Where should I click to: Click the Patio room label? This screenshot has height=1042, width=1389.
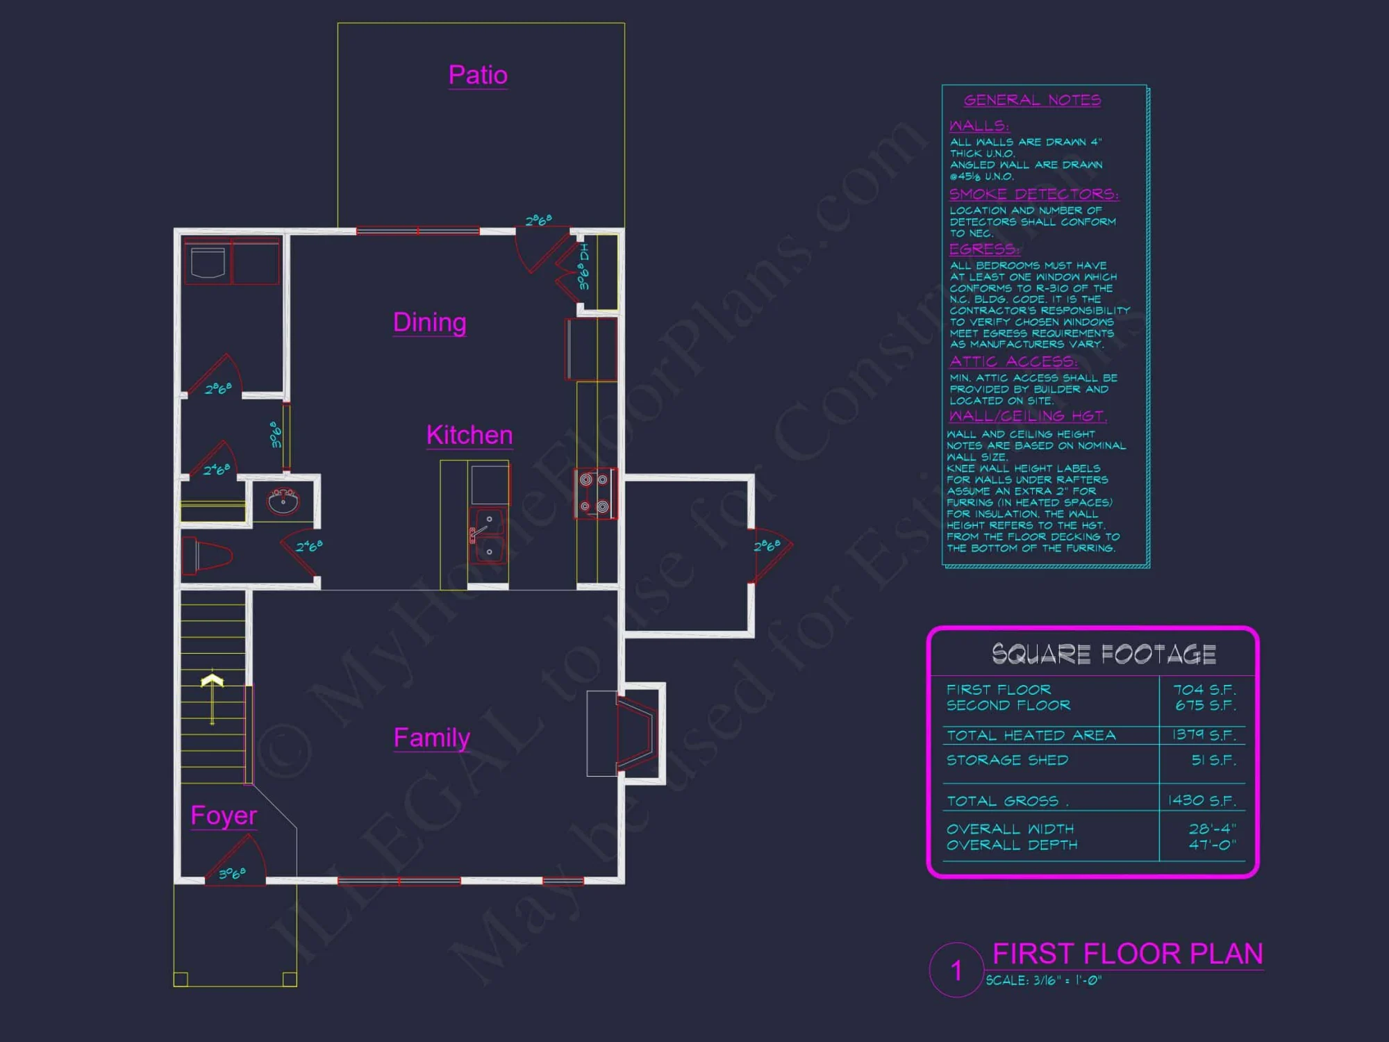(x=478, y=75)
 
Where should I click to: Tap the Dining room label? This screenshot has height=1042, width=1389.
(x=429, y=322)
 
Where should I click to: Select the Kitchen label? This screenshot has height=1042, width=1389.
(x=469, y=436)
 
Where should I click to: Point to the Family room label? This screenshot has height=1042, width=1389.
(x=431, y=738)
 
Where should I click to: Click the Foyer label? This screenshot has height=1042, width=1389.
(x=224, y=816)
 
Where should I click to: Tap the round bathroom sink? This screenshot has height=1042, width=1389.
(x=283, y=500)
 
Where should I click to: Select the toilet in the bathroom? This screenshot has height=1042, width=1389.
(x=207, y=556)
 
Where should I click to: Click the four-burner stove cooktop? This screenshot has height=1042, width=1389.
(x=594, y=493)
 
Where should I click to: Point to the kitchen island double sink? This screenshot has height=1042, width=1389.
(x=488, y=536)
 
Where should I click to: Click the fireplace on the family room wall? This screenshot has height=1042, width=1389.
(x=633, y=734)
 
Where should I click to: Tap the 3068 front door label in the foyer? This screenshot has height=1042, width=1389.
(x=232, y=873)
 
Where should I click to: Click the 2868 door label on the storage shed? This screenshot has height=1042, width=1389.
(x=767, y=545)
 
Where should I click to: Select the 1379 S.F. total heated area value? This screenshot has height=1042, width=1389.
(x=1204, y=735)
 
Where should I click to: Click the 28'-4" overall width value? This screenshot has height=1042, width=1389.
(x=1212, y=829)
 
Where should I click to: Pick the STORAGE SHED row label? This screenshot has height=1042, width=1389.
(x=1007, y=760)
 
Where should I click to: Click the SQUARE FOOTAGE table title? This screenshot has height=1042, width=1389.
(x=1104, y=654)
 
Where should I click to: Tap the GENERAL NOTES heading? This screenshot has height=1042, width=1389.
(x=1032, y=100)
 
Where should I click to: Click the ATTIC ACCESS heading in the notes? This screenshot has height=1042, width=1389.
(x=1013, y=361)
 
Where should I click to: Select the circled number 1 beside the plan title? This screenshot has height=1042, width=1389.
(x=956, y=970)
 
